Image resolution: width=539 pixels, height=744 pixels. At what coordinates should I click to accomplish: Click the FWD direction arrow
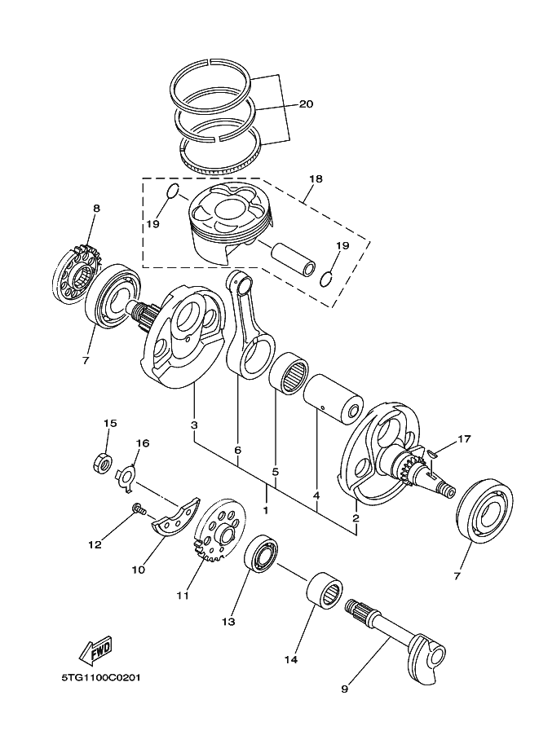pyautogui.click(x=96, y=649)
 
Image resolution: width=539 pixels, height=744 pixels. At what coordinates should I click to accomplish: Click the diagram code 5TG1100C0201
pyautogui.click(x=100, y=677)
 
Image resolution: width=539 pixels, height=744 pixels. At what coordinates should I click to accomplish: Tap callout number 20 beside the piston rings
pyautogui.click(x=307, y=104)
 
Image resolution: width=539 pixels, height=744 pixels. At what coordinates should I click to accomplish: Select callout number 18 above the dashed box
pyautogui.click(x=316, y=179)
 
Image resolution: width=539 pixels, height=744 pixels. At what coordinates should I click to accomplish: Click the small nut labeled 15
pyautogui.click(x=102, y=463)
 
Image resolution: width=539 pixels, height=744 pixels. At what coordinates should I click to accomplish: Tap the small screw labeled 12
pyautogui.click(x=139, y=510)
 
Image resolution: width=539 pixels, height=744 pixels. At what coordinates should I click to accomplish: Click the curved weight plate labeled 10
pyautogui.click(x=175, y=517)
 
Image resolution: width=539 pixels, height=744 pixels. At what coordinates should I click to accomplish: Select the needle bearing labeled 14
pyautogui.click(x=325, y=592)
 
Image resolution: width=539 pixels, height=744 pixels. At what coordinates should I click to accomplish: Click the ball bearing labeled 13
pyautogui.click(x=261, y=558)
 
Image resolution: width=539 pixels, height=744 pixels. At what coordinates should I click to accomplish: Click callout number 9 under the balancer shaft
pyautogui.click(x=344, y=689)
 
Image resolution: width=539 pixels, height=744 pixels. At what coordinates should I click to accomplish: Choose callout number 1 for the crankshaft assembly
pyautogui.click(x=266, y=511)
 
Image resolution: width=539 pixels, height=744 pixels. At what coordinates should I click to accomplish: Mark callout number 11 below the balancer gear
pyautogui.click(x=183, y=595)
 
